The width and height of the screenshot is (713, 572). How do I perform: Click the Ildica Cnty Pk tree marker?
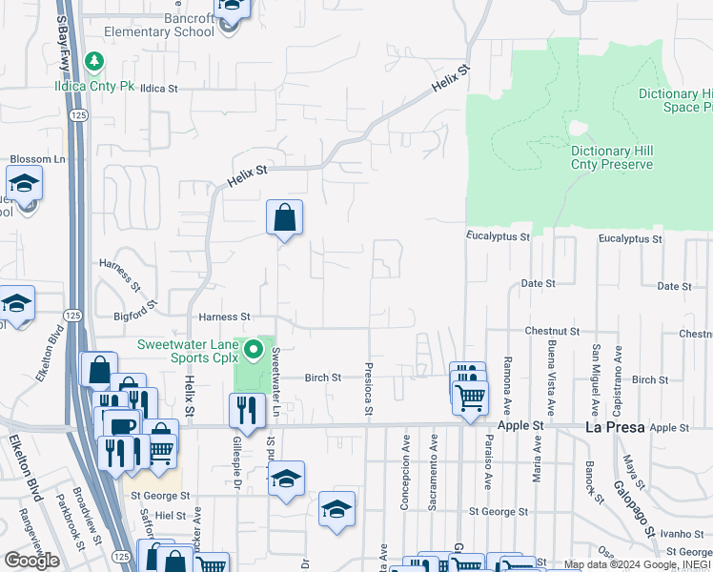click(94, 63)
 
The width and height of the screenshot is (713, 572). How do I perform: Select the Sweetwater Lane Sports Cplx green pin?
click(254, 351)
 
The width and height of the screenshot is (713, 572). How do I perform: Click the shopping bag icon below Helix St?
click(284, 218)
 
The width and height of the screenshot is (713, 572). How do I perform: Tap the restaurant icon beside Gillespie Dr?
click(246, 411)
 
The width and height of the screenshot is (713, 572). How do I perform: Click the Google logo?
click(31, 561)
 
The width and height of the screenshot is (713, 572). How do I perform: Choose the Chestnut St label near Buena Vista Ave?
click(552, 331)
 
